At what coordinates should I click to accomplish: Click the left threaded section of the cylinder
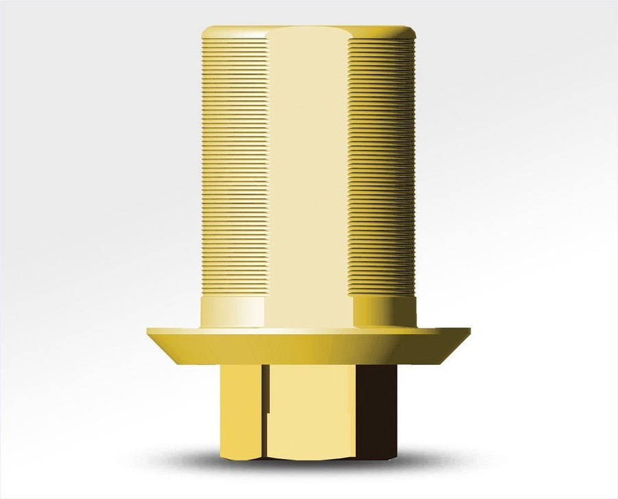point(233,165)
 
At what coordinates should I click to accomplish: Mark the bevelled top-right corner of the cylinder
point(412,32)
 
